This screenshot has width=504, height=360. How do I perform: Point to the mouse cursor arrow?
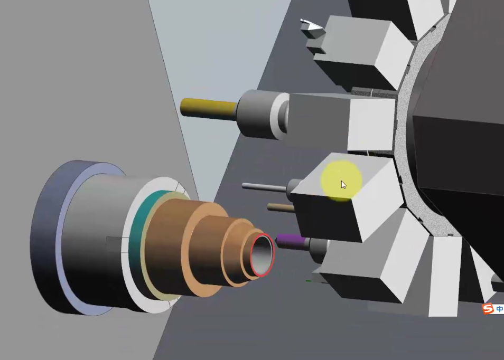pos(343,185)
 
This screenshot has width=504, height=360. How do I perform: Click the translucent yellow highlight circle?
pos(341,181)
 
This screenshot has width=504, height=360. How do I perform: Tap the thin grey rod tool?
pos(264,187)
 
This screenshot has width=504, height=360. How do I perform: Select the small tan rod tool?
pos(281,207)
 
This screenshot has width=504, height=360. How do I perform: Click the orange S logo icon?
pos(488,309)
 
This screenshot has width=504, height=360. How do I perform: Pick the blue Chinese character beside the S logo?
pos(500,309)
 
